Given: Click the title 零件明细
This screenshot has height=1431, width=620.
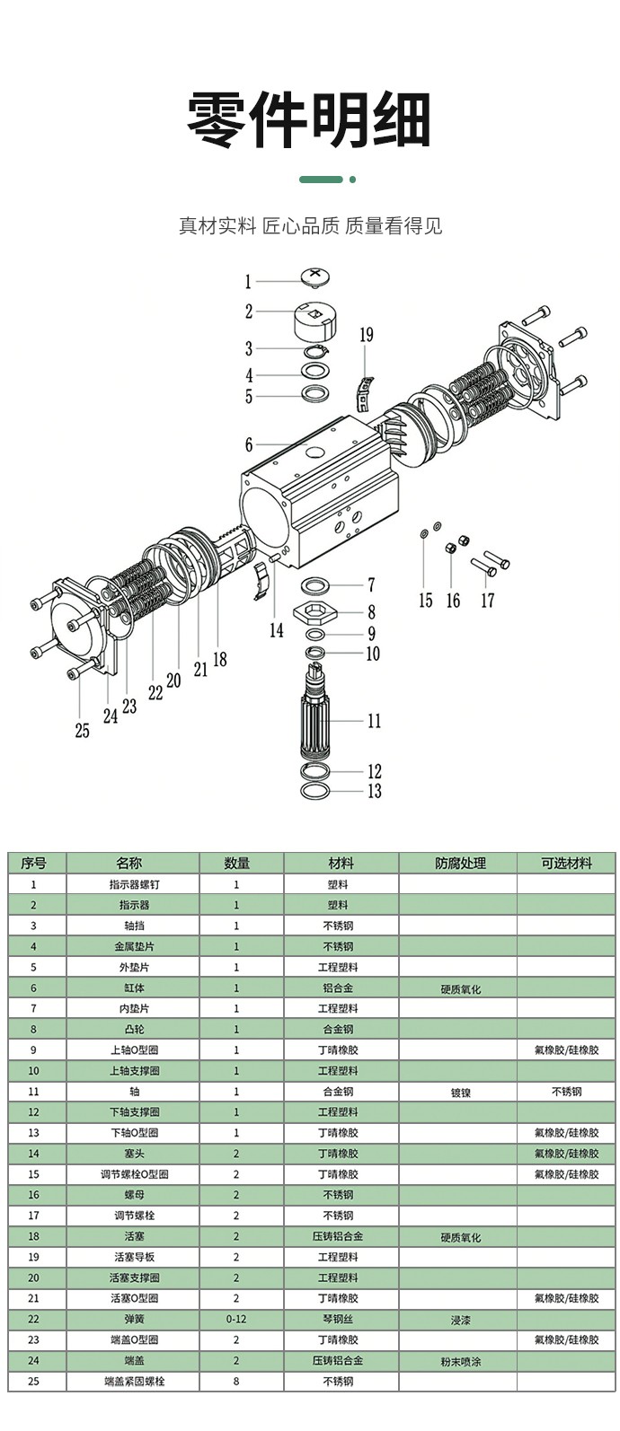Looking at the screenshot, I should point(309,119).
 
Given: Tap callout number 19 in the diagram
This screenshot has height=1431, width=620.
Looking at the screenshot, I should point(366,336).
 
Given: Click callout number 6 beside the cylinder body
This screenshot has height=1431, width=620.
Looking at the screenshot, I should point(249,445).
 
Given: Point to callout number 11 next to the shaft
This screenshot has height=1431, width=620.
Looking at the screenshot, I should point(374,721).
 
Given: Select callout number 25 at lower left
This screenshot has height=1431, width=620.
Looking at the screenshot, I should point(82,732).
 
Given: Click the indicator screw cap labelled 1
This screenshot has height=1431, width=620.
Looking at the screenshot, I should point(313,276).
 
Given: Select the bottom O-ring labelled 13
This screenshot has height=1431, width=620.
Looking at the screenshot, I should point(314,791).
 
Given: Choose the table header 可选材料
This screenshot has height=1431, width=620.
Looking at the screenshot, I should point(566,864).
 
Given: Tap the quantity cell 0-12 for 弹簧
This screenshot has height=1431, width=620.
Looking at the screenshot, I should point(236,1320).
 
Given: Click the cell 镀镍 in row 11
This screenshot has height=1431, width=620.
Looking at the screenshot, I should point(460,1093).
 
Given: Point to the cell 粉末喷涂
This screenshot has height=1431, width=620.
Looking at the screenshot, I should point(460,1361).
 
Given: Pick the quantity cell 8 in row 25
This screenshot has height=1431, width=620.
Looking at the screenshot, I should point(236,1382).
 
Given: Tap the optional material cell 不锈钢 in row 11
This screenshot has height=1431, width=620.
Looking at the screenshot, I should point(566,1092).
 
